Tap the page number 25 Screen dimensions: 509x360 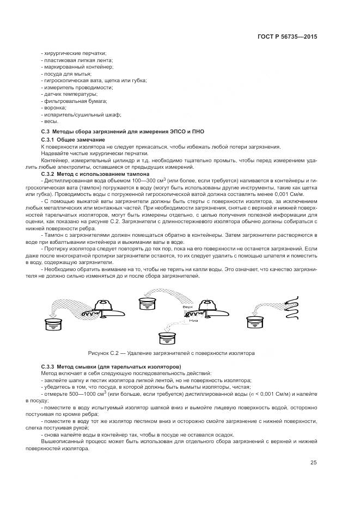pyautogui.click(x=314, y=463)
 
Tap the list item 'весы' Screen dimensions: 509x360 pyautogui.click(x=51, y=121)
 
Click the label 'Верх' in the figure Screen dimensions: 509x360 pyautogui.click(x=188, y=307)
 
